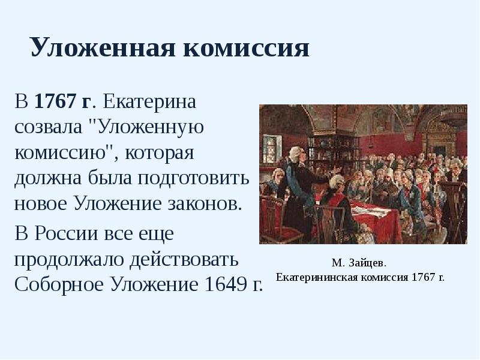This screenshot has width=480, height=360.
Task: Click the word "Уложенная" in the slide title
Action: click(x=101, y=47)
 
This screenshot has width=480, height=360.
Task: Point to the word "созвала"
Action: click(x=51, y=127)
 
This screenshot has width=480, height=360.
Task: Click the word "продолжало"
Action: click(x=70, y=258)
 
